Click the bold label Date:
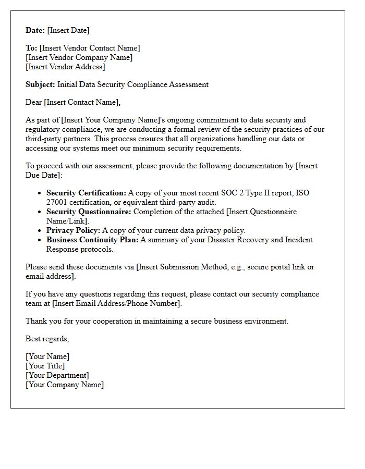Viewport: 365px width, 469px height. (x=35, y=30)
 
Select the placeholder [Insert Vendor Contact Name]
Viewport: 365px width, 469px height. (x=90, y=48)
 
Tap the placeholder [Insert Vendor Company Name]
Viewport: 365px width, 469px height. (x=79, y=57)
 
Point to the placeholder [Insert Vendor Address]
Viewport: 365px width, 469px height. (x=65, y=67)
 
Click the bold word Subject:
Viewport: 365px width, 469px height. (x=40, y=84)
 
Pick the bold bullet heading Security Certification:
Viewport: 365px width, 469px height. (x=86, y=193)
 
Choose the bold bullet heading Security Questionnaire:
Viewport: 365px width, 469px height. (x=89, y=212)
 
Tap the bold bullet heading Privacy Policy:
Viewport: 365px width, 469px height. (x=73, y=230)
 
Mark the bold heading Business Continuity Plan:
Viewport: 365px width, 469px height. (x=92, y=240)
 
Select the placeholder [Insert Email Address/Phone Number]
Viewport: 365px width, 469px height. (x=117, y=303)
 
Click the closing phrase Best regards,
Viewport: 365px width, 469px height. (x=47, y=339)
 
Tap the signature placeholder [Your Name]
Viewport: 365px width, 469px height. (x=47, y=356)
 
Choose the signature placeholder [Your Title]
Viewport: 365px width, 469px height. (x=45, y=366)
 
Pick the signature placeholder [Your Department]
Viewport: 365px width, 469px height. (x=57, y=375)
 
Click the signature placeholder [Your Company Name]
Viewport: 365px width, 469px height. (x=65, y=385)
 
